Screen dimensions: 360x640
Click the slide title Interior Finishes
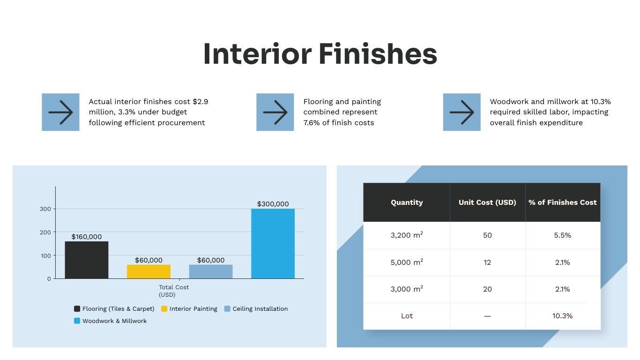[x=320, y=54]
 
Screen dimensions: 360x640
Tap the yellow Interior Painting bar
[x=149, y=271]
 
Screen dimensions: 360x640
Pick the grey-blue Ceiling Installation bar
[x=211, y=271]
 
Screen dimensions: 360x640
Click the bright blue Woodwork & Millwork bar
[x=273, y=243]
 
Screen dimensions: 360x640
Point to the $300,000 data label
[x=273, y=204]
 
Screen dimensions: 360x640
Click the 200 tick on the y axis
[x=45, y=232]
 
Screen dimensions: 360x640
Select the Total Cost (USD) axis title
[x=174, y=291]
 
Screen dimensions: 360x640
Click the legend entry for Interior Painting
[x=189, y=309]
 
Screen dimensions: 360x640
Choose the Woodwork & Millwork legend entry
[x=111, y=321]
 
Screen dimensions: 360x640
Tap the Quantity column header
[x=407, y=202]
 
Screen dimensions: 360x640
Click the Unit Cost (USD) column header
[x=487, y=202]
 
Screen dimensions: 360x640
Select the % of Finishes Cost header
[x=562, y=202]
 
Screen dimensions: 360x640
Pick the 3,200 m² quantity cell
[x=407, y=235]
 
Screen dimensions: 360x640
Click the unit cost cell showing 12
[x=487, y=262]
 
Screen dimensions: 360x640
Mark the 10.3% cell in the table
[x=562, y=316]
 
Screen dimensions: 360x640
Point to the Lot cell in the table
[x=407, y=316]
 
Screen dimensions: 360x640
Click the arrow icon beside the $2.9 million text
[x=60, y=112]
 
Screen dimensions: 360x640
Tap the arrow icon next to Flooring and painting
[x=275, y=112]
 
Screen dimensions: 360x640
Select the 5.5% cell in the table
[x=562, y=235]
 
